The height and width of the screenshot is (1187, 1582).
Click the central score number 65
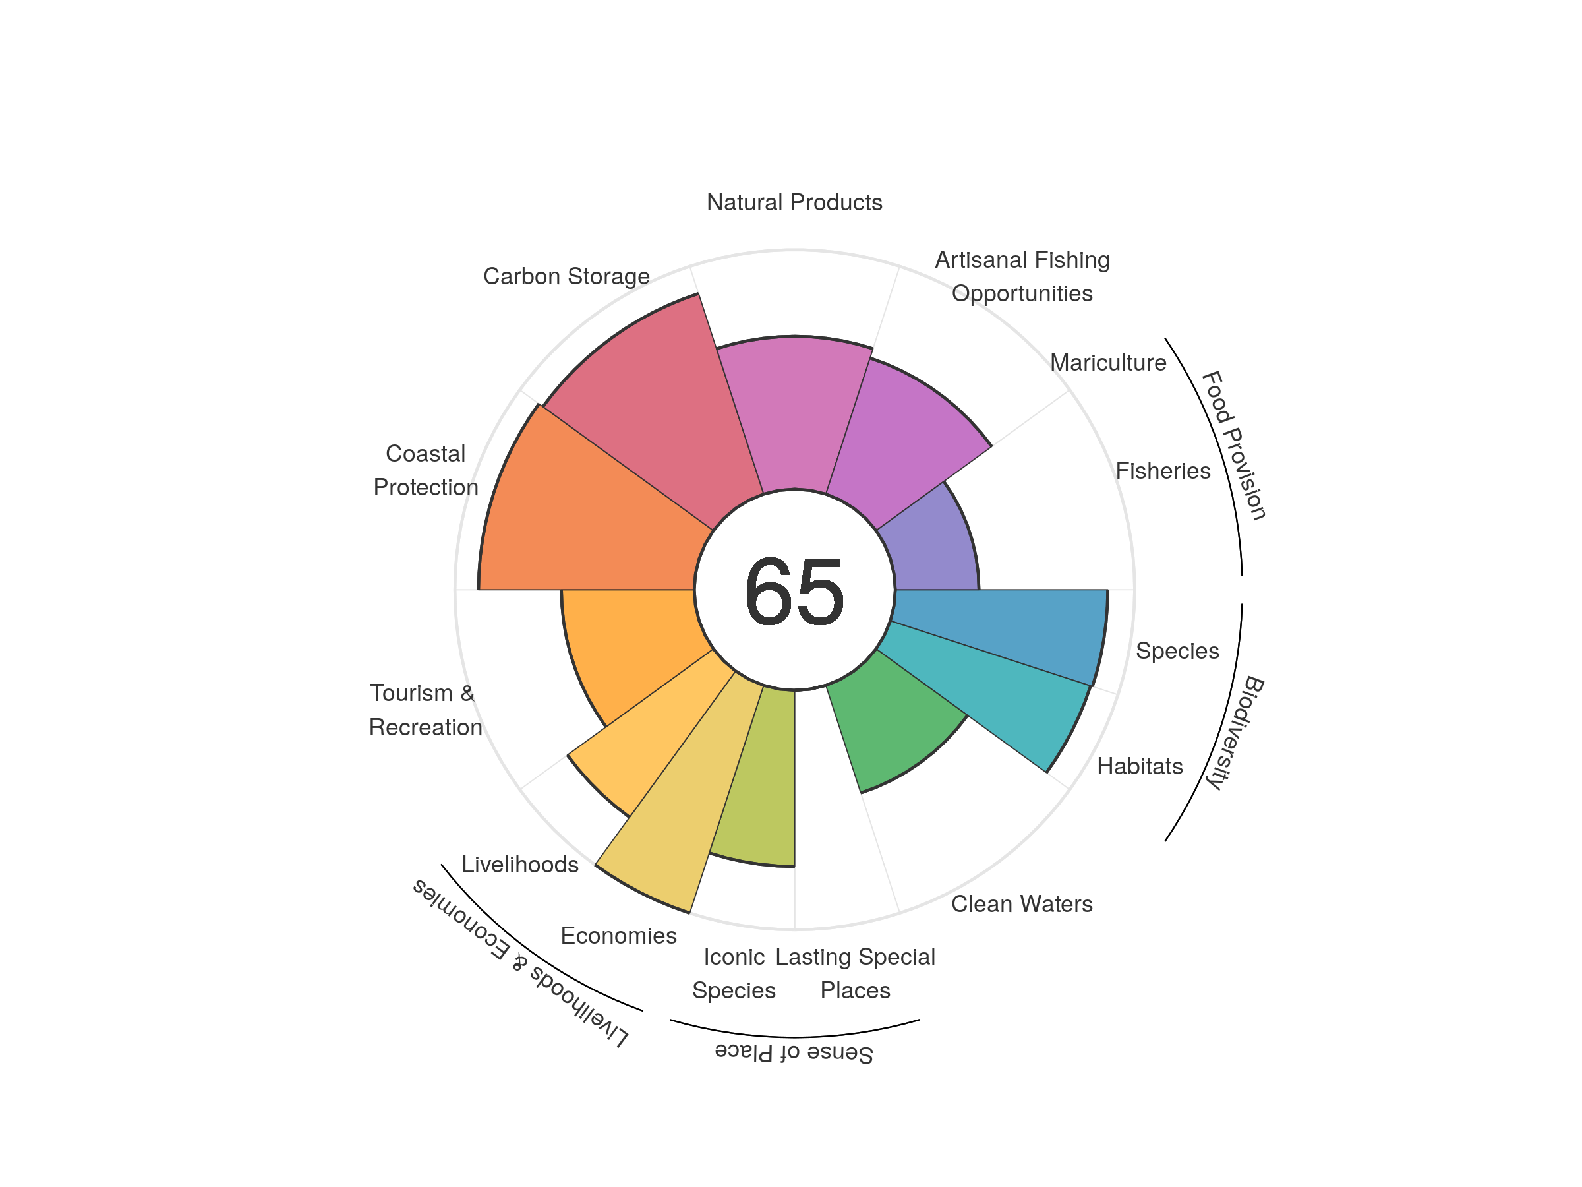click(x=794, y=592)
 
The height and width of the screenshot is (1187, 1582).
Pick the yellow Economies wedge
click(x=687, y=794)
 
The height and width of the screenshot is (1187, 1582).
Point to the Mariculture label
click(x=1108, y=363)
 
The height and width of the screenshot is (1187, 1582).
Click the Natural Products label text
click(x=794, y=202)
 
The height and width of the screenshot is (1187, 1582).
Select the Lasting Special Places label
click(x=856, y=973)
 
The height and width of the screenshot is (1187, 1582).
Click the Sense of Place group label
click(x=794, y=1052)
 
